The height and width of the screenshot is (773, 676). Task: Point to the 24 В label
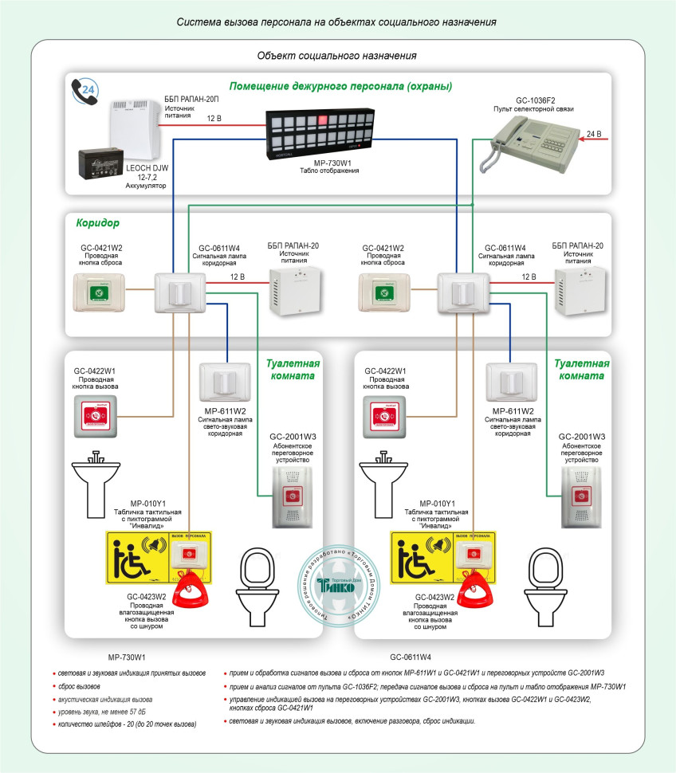point(594,133)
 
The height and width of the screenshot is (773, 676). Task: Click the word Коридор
point(98,223)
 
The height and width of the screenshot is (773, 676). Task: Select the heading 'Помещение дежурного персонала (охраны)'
point(340,86)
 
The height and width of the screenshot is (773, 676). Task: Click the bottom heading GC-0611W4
point(411,657)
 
